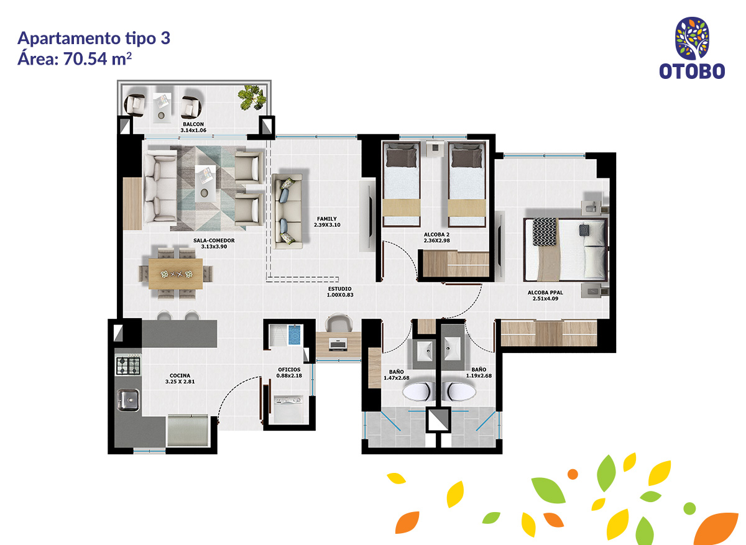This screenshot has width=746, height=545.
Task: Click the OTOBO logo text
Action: click(x=692, y=71)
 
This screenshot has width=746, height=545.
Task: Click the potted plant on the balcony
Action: click(x=252, y=98)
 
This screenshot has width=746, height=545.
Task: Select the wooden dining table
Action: click(x=175, y=274)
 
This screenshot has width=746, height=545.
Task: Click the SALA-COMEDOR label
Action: click(x=214, y=244)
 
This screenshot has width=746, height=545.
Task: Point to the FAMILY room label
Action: click(x=327, y=222)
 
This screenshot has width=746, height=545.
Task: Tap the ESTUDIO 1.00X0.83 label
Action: click(x=339, y=291)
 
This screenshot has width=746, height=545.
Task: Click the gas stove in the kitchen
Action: click(x=128, y=365)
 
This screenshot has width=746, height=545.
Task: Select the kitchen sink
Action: click(x=127, y=400)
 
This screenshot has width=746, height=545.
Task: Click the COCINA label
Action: click(x=180, y=378)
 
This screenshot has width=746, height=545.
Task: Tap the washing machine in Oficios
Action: click(x=288, y=409)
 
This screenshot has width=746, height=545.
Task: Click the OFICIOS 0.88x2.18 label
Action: click(x=289, y=372)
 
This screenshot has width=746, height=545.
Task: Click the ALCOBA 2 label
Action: click(x=436, y=237)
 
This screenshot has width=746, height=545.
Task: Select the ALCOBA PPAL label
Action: click(x=545, y=295)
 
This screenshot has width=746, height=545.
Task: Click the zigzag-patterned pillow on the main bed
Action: click(x=545, y=232)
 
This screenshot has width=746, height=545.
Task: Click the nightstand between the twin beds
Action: click(x=435, y=149)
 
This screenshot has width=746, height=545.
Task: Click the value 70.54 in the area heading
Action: click(x=85, y=59)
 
